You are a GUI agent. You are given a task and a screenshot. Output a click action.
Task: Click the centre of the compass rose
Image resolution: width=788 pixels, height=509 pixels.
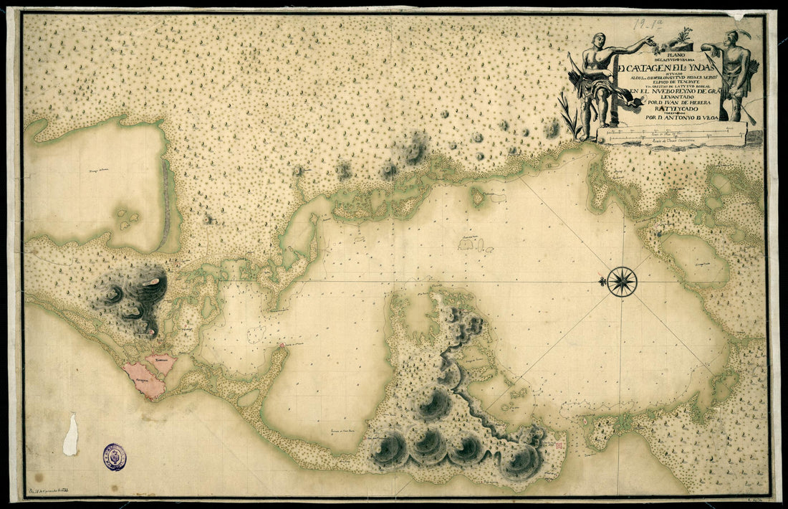[623, 281]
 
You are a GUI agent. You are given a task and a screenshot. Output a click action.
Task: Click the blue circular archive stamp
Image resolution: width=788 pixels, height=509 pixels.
[114, 457]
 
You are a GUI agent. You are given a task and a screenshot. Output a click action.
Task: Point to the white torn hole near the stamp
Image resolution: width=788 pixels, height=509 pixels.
[70, 434]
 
